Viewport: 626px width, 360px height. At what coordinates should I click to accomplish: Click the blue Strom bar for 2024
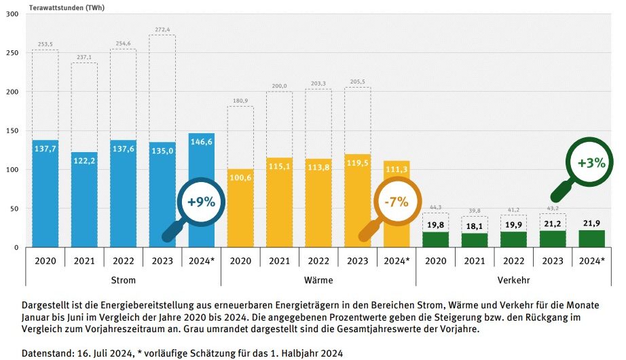coord(201,190)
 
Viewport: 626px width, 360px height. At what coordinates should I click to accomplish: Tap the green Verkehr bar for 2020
coord(435,240)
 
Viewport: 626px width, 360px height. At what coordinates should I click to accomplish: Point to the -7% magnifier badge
coord(393,202)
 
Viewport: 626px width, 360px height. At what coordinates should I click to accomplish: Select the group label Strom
coord(123,279)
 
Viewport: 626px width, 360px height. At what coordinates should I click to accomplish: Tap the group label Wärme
coord(318,279)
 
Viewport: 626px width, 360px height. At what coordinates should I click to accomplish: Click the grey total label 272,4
coord(162,29)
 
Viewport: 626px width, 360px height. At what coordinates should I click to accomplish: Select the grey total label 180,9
coord(240,101)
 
